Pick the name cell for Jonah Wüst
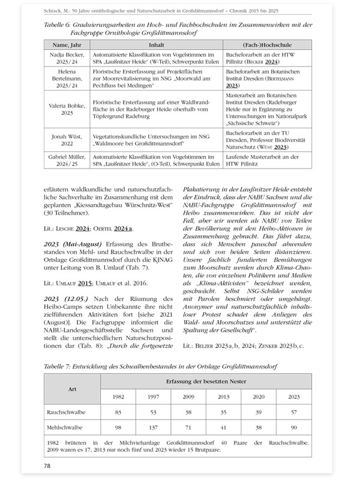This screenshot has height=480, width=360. (x=67, y=142)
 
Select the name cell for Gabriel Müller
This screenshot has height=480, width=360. (x=67, y=160)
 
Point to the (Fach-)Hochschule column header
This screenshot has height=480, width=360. (x=266, y=45)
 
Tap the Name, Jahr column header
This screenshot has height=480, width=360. (x=67, y=45)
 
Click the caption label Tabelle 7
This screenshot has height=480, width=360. (x=62, y=365)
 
